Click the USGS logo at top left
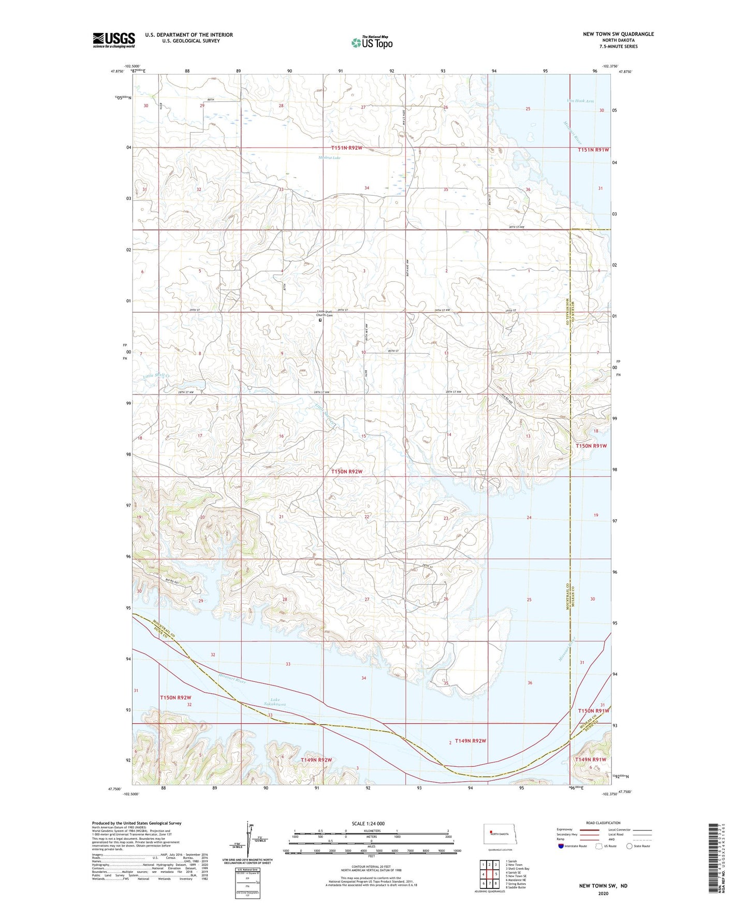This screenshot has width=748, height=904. (x=114, y=40)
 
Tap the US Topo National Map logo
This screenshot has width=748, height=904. (x=372, y=42)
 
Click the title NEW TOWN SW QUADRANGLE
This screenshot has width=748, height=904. (x=618, y=34)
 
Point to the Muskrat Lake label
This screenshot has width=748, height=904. (x=329, y=158)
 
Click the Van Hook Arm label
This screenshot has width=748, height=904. (x=580, y=101)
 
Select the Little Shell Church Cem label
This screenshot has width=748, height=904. (x=325, y=313)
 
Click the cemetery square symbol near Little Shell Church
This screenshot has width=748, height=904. (x=320, y=320)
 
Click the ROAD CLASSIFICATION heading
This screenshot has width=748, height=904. (x=603, y=823)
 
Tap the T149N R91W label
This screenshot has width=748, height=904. (x=591, y=759)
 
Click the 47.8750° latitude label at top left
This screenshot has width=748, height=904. (x=118, y=72)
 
